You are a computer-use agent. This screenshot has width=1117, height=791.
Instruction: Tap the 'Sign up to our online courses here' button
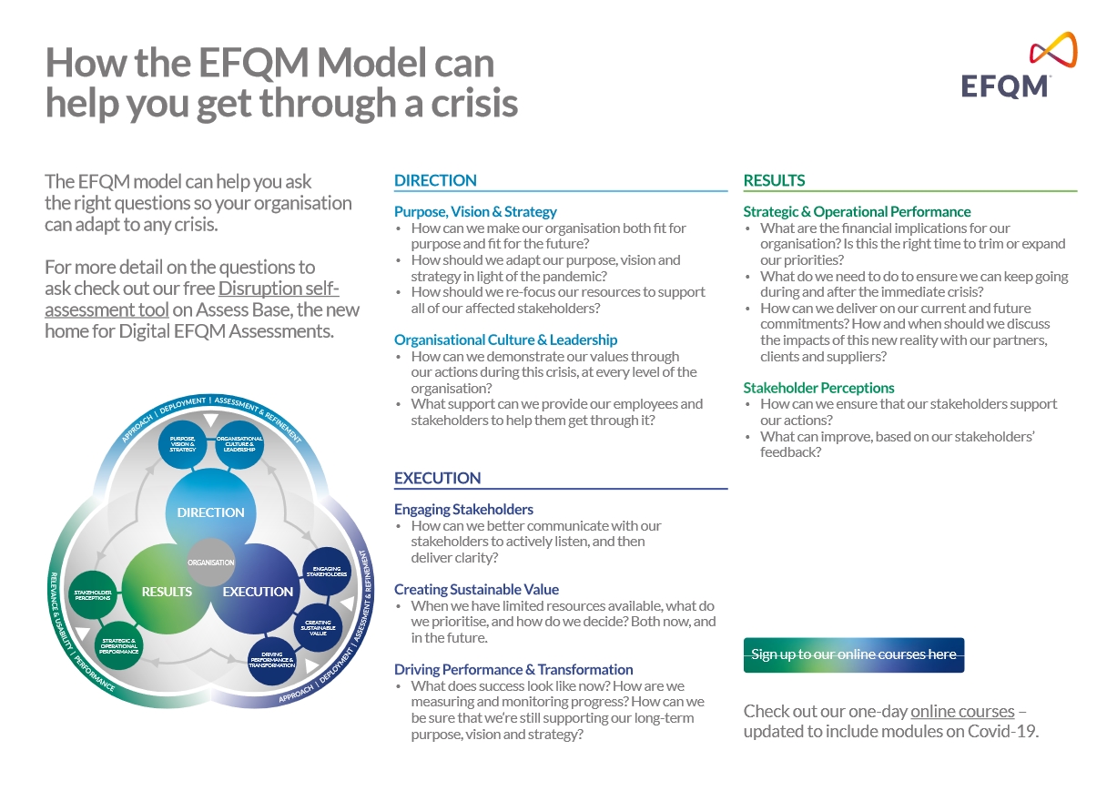[853, 654]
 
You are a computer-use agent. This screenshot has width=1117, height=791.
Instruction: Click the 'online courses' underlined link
[961, 711]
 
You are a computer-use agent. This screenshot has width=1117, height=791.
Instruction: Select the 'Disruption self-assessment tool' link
[192, 299]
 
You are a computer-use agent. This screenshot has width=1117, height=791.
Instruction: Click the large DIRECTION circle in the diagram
[210, 512]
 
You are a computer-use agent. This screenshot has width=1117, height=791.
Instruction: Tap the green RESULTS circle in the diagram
[167, 592]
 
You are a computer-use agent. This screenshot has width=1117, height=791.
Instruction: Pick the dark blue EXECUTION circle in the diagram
[258, 592]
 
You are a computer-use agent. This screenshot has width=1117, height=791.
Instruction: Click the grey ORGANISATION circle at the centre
[211, 563]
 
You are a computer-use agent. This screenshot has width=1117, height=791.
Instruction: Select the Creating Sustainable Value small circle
[318, 627]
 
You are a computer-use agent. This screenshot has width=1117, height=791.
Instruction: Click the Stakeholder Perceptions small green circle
[93, 594]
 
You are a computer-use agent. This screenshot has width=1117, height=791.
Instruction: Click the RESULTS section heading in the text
[774, 180]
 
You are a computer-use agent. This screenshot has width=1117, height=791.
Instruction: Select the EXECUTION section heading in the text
[437, 478]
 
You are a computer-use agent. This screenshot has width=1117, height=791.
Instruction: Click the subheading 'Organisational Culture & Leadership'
[505, 340]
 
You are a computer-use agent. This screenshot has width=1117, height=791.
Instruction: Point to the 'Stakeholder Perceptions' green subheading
[818, 388]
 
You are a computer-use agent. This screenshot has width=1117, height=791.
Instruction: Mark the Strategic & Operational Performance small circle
[119, 645]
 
